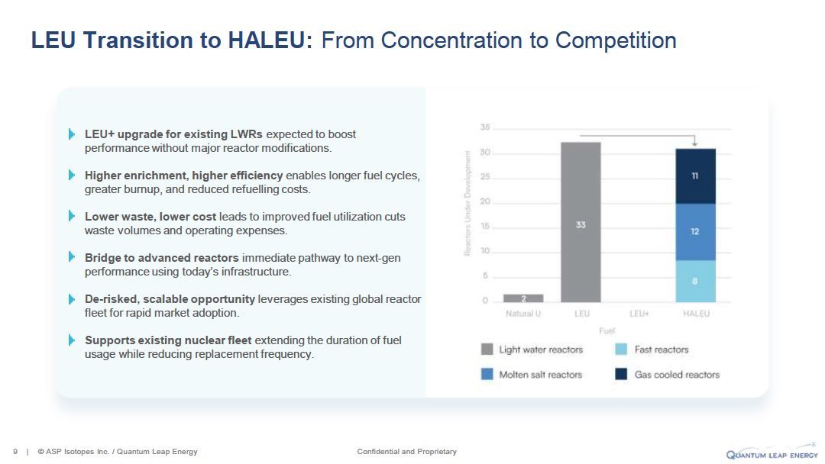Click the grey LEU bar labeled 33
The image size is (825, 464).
581,222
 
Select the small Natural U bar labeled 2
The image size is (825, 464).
523,298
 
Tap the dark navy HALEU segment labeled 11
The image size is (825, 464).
695,176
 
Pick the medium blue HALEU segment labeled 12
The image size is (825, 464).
695,232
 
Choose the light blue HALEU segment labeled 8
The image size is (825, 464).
695,281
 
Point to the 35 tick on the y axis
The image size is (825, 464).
484,127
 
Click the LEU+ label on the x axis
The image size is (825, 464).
639,314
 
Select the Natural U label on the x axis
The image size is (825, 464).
523,314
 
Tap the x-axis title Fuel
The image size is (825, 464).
607,330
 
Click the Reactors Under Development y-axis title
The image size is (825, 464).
467,203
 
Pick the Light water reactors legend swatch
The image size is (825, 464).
487,350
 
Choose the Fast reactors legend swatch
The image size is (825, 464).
621,350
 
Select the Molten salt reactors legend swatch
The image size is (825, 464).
487,374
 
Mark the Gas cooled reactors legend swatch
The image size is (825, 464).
621,374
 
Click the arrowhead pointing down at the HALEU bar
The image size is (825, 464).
695,143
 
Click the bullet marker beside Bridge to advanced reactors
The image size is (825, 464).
72,257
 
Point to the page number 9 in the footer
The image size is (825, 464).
15,451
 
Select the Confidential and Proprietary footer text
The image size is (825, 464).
406,451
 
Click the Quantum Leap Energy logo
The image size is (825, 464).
772,453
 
